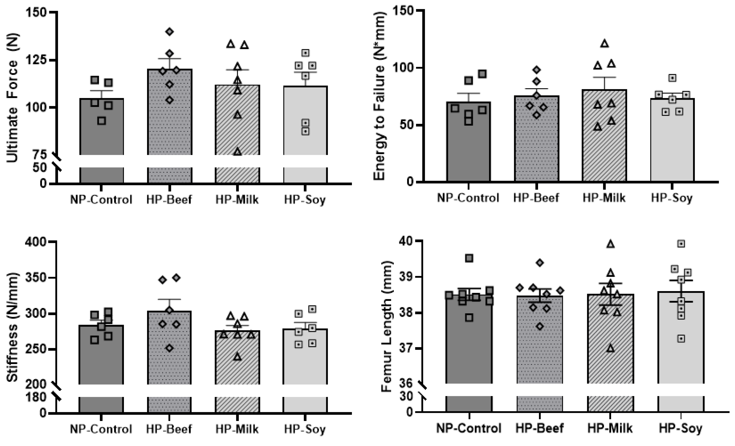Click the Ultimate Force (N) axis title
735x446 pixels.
(x=13, y=98)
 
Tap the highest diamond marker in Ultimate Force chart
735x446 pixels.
(x=170, y=32)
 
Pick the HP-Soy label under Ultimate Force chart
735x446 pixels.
(x=305, y=199)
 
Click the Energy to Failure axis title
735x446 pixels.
(x=379, y=96)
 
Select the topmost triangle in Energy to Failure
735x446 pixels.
(x=604, y=43)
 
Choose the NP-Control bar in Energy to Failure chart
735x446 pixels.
(x=468, y=143)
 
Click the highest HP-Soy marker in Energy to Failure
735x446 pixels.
(x=672, y=78)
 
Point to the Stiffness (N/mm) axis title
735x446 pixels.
(x=13, y=327)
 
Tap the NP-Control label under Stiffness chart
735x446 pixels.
(x=101, y=429)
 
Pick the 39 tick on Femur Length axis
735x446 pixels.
(x=406, y=277)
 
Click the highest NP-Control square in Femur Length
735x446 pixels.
(x=469, y=258)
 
